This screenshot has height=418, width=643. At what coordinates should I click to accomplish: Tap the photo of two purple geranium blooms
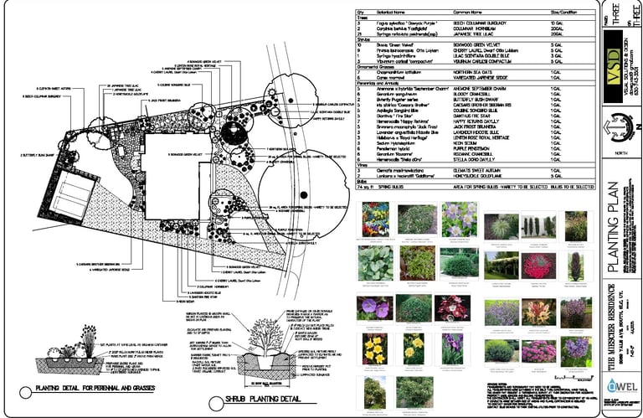point(372,307)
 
